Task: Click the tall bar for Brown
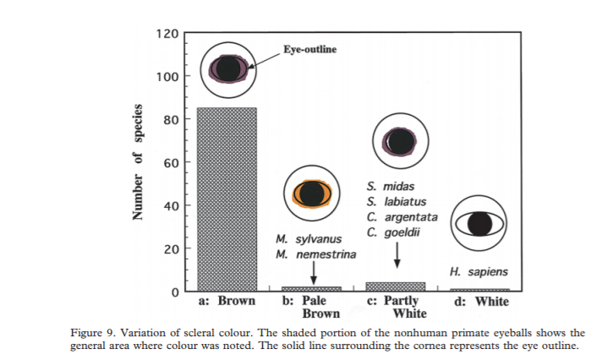coord(227,199)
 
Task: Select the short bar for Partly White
coord(395,286)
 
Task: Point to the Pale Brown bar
coord(311,289)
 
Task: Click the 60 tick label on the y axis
coord(170,162)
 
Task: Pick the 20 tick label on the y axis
coord(170,248)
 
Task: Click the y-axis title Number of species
coord(137,163)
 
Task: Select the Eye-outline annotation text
coord(309,50)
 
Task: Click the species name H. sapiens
coord(479,272)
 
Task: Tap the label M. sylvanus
coord(309,239)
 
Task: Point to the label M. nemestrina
coord(315,254)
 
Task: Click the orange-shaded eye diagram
coord(311,193)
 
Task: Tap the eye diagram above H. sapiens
coord(479,223)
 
